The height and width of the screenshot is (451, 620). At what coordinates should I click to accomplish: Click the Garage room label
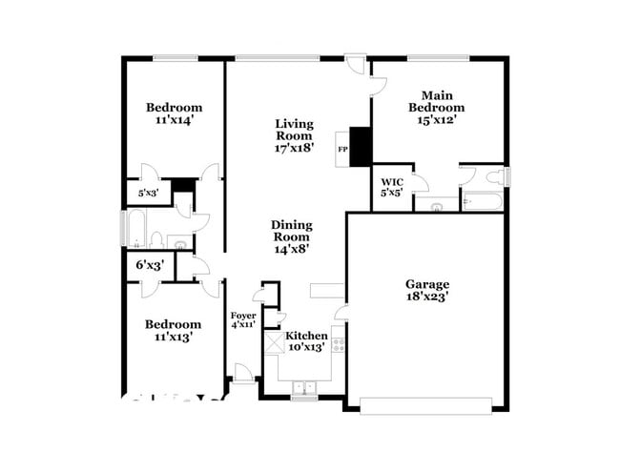click(426, 284)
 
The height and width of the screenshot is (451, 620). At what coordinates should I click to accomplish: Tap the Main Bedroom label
click(437, 101)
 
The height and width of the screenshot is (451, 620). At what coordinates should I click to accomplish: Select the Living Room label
click(294, 130)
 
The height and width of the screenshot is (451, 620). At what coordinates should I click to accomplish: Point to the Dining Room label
click(293, 231)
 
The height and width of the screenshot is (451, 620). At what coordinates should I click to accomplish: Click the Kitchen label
click(307, 337)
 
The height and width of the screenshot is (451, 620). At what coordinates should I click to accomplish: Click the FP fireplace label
click(342, 150)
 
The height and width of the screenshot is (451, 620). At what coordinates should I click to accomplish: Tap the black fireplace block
click(361, 147)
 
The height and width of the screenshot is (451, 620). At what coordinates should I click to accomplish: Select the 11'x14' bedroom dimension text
click(174, 121)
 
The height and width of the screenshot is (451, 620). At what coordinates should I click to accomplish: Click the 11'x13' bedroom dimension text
click(173, 337)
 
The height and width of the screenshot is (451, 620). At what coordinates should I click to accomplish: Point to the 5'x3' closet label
click(148, 194)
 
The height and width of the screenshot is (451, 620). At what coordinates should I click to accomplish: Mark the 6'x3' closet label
click(150, 265)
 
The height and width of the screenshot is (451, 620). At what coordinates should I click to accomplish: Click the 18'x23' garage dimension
click(426, 297)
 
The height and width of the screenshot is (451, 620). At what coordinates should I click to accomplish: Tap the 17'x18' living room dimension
click(294, 149)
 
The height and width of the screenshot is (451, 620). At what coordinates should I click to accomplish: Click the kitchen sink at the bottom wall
click(304, 387)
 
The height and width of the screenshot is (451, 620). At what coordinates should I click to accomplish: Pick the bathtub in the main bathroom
click(483, 200)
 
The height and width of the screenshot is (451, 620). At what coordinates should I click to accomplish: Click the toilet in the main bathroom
click(494, 176)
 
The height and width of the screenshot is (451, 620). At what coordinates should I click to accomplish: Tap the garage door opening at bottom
click(427, 404)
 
